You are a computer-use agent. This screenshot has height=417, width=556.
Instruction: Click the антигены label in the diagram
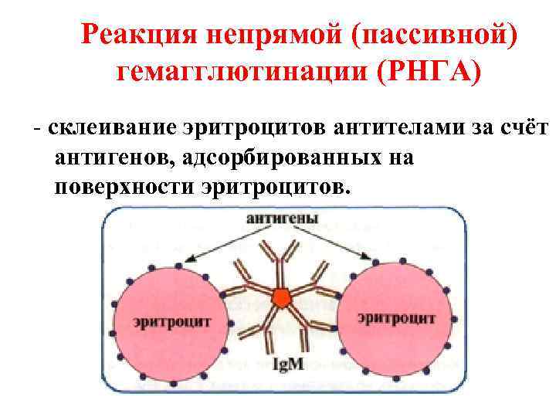282,219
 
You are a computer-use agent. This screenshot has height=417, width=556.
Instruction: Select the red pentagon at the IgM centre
282,296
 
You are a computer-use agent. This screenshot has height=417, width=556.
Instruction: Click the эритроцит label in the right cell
397,317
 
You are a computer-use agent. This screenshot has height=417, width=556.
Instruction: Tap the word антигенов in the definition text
109,158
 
